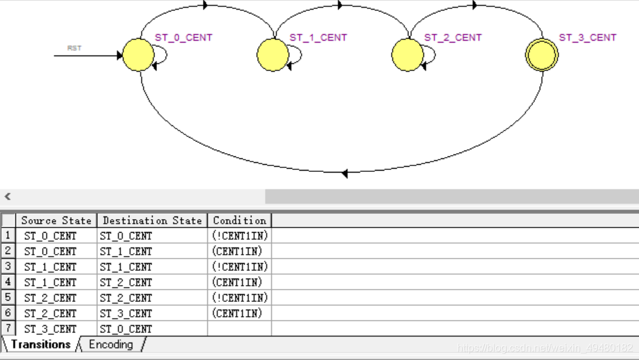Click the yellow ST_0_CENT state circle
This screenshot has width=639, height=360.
tap(138, 55)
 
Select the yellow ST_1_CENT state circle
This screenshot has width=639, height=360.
tap(273, 55)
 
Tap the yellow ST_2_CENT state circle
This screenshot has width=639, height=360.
tap(408, 55)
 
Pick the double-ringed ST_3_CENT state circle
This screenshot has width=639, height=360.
tap(541, 55)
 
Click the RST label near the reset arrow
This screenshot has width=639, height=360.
tap(74, 48)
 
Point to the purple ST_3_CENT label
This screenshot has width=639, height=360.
tap(587, 37)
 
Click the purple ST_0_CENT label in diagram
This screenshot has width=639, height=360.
tap(183, 37)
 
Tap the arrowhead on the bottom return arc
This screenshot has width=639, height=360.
tap(344, 173)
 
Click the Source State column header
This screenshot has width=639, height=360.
tap(56, 220)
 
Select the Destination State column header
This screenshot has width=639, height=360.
tap(152, 220)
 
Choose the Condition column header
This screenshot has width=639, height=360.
tap(239, 220)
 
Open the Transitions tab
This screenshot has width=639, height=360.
tap(41, 344)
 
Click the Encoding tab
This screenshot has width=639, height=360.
tap(110, 344)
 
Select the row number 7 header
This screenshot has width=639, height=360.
tap(8, 328)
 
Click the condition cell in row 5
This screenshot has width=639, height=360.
tap(239, 298)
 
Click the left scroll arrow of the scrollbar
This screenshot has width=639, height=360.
tap(8, 196)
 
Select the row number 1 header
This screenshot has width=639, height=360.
tap(8, 236)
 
